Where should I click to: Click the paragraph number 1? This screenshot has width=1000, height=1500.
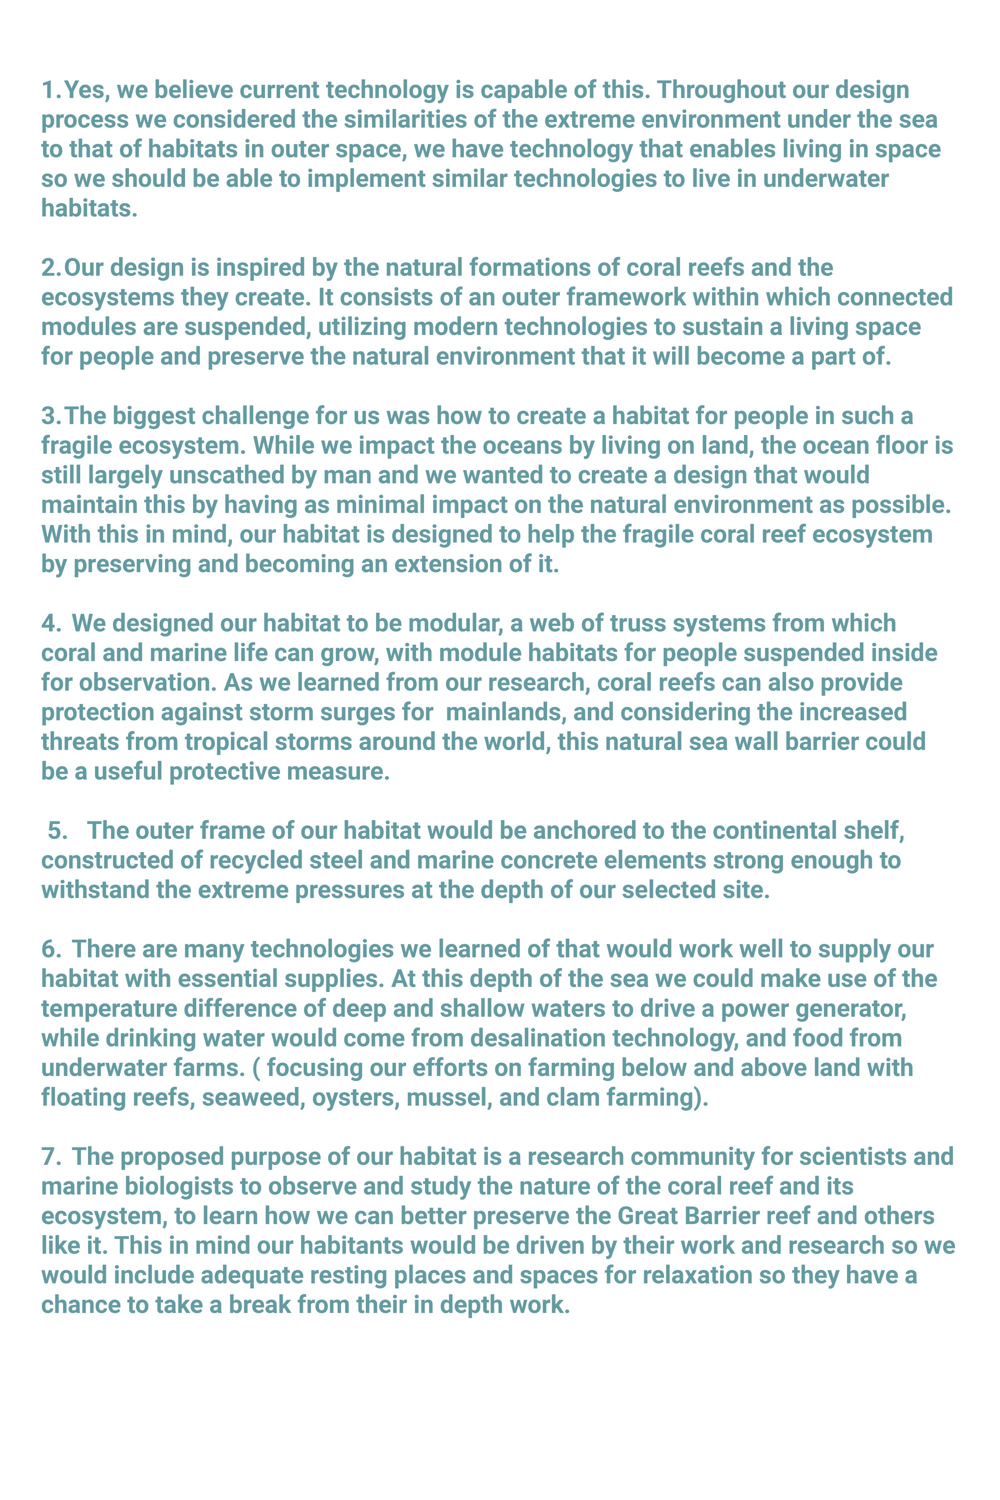point(49,90)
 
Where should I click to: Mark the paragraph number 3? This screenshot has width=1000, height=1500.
point(49,416)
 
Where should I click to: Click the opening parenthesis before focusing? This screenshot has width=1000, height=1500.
point(256,1067)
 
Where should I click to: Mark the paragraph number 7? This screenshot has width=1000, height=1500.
point(49,1157)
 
